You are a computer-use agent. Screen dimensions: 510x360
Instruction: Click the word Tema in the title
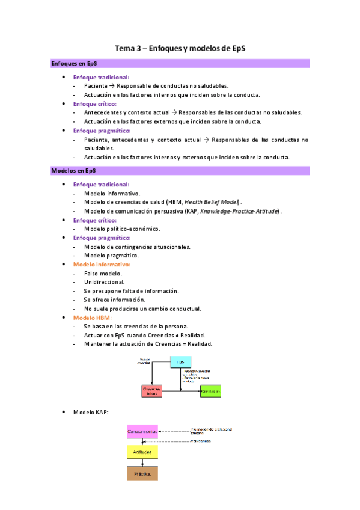[126, 48]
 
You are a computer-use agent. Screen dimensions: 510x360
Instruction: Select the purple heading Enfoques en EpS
[75, 63]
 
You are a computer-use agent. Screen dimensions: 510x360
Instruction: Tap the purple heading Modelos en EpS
[74, 171]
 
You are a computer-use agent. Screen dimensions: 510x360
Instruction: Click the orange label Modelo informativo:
[102, 265]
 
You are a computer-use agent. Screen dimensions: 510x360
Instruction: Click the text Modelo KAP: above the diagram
[90, 413]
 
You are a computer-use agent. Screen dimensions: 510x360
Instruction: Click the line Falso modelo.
[103, 274]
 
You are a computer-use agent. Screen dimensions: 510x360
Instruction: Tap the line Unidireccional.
[105, 282]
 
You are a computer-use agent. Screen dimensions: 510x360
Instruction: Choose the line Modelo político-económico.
[122, 229]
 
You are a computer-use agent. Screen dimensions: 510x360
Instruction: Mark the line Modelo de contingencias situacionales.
[138, 247]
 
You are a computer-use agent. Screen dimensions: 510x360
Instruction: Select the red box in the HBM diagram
[152, 391]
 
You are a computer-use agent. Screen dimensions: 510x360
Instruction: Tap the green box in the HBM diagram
[210, 391]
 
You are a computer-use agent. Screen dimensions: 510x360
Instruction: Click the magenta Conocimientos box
[142, 431]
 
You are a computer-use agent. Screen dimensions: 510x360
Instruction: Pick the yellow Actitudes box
[142, 451]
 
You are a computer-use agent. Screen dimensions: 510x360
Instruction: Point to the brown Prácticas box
[142, 473]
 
